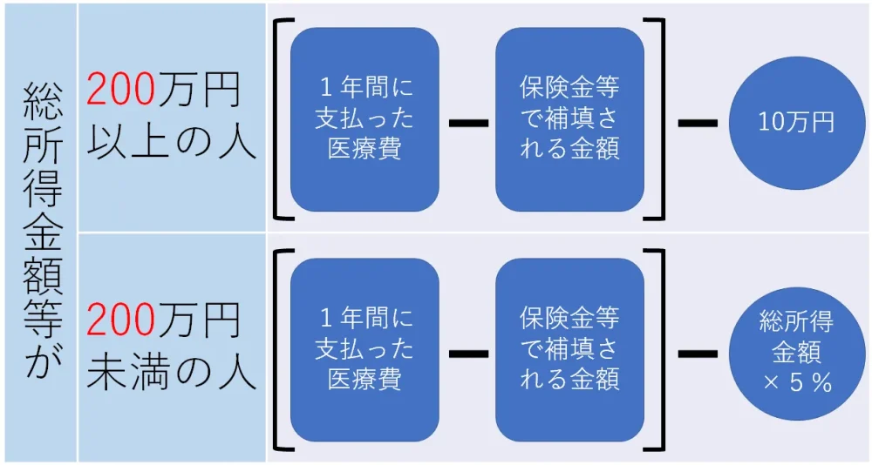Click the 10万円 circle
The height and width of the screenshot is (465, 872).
click(x=796, y=121)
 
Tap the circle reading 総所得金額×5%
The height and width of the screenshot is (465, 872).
click(x=796, y=354)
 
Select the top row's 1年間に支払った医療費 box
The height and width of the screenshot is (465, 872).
click(x=364, y=119)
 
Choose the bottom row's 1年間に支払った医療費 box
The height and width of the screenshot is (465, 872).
click(x=364, y=352)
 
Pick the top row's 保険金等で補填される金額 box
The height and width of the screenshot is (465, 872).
click(x=569, y=119)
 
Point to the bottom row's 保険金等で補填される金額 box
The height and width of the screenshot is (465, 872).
click(x=569, y=352)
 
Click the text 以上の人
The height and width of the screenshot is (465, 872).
click(x=173, y=140)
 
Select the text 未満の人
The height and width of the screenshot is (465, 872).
click(x=173, y=373)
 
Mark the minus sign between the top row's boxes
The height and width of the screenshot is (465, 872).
click(x=467, y=122)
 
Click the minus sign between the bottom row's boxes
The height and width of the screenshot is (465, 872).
click(x=467, y=354)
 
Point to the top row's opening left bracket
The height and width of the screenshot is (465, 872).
click(x=281, y=119)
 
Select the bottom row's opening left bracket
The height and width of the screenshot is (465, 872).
click(x=281, y=351)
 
